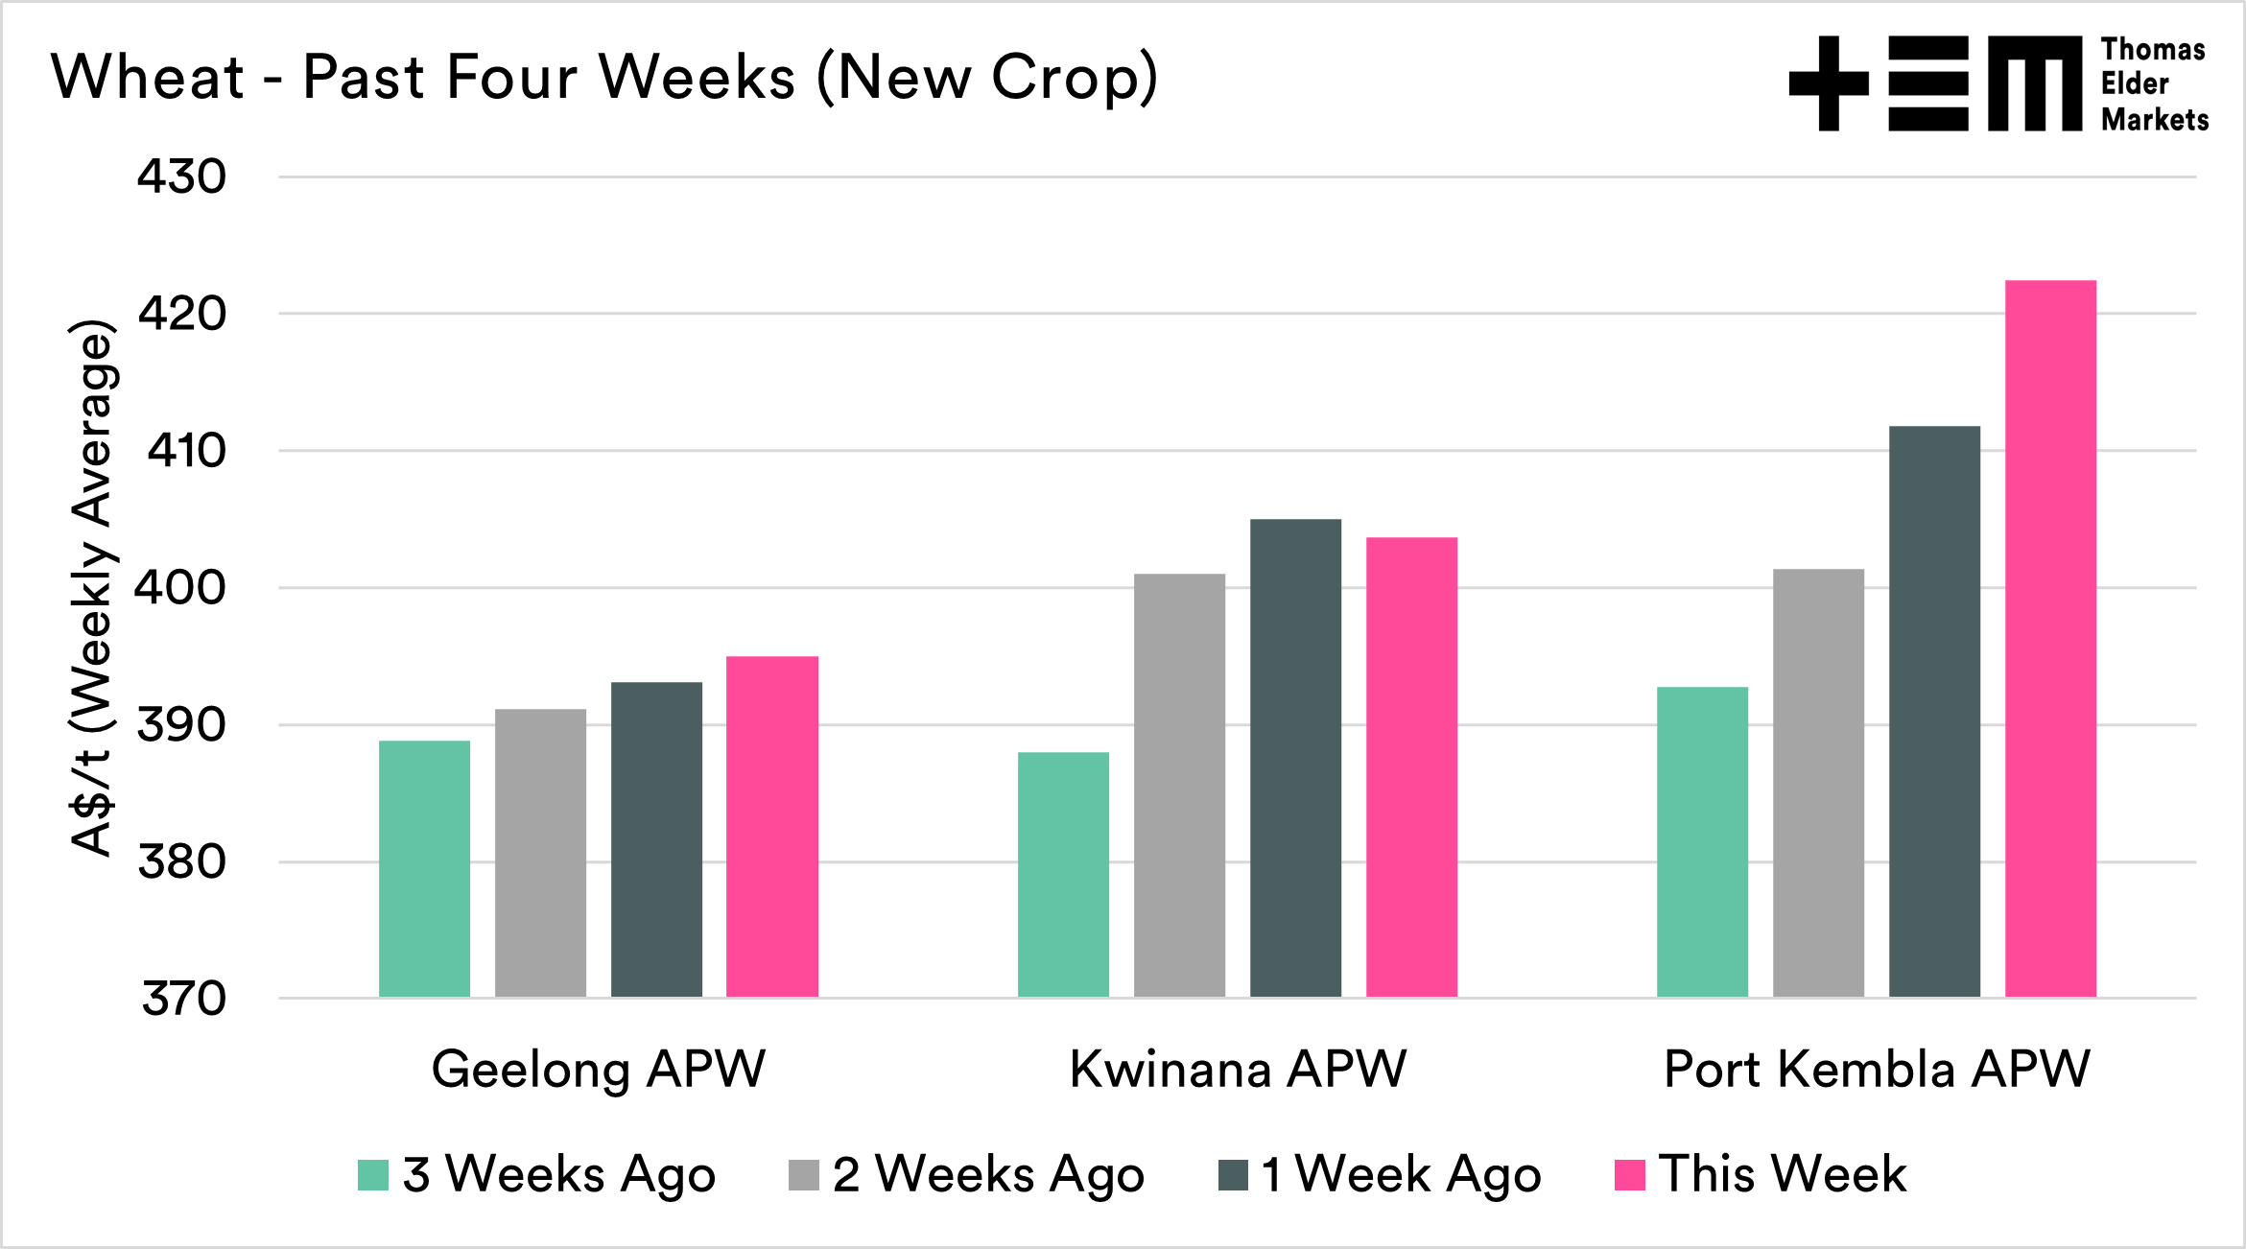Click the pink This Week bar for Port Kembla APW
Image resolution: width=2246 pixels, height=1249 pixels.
pyautogui.click(x=2050, y=638)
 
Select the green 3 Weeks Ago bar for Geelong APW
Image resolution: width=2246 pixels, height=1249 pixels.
pyautogui.click(x=424, y=868)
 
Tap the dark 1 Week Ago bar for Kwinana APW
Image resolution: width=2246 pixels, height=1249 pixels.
pyautogui.click(x=1295, y=758)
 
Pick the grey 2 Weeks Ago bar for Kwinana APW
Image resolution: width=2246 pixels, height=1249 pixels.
pyautogui.click(x=1179, y=785)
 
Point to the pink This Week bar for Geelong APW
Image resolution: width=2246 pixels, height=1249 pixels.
pyautogui.click(x=771, y=827)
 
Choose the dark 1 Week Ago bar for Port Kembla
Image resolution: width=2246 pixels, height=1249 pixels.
pyautogui.click(x=1934, y=711)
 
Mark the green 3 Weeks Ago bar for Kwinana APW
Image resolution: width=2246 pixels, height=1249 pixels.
pyautogui.click(x=1063, y=874)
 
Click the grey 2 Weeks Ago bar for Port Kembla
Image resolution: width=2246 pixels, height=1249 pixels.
pyautogui.click(x=1818, y=783)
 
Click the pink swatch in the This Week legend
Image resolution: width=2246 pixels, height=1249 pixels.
pyautogui.click(x=1629, y=1175)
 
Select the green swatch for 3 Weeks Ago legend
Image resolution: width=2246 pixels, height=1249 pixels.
pyautogui.click(x=372, y=1175)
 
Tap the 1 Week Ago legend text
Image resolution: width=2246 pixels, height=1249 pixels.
pyautogui.click(x=1401, y=1174)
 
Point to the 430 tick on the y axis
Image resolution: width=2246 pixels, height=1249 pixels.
pyautogui.click(x=182, y=177)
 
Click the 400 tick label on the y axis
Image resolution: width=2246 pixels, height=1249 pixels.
pyautogui.click(x=180, y=588)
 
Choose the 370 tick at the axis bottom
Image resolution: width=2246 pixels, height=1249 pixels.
pyautogui.click(x=183, y=999)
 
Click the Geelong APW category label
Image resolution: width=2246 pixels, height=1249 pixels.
pyautogui.click(x=599, y=1069)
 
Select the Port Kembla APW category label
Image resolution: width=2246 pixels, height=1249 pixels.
pyautogui.click(x=1877, y=1069)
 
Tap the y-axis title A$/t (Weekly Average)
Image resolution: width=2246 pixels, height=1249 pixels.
pyautogui.click(x=93, y=587)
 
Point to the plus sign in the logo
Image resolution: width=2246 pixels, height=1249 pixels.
pyautogui.click(x=1829, y=83)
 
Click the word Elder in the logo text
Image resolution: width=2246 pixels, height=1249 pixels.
pyautogui.click(x=2135, y=84)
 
